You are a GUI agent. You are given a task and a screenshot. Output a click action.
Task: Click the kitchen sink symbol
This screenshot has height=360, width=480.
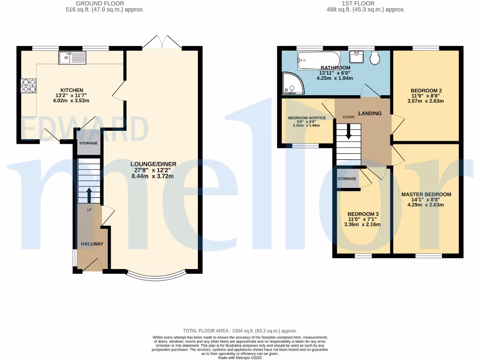72,58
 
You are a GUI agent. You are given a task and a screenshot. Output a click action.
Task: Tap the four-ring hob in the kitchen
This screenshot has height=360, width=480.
29,86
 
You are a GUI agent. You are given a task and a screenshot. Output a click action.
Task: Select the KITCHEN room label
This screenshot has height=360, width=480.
72,90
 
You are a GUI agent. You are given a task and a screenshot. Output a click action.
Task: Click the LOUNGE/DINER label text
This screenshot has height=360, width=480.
153,164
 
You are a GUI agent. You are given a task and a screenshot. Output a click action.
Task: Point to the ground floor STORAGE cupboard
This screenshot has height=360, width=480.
89,143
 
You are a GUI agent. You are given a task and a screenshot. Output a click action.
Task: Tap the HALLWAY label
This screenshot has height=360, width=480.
92,244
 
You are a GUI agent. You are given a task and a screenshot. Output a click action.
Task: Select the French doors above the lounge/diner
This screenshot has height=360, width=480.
162,43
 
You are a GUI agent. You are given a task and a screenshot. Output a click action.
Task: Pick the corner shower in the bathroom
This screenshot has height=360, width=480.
292,84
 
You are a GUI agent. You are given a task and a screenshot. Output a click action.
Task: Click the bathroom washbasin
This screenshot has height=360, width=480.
357,57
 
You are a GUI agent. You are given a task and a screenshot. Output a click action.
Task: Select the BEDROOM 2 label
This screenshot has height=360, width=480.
426,90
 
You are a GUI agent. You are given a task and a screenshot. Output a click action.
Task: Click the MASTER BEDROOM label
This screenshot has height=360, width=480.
426,195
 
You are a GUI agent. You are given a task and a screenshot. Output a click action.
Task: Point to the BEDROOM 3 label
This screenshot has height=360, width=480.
363,214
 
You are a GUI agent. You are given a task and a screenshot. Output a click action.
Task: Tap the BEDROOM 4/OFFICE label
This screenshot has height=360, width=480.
307,118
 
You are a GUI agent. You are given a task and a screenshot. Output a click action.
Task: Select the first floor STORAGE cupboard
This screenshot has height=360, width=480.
347,179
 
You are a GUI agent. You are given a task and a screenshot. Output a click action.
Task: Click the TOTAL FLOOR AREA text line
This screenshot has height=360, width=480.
240,331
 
